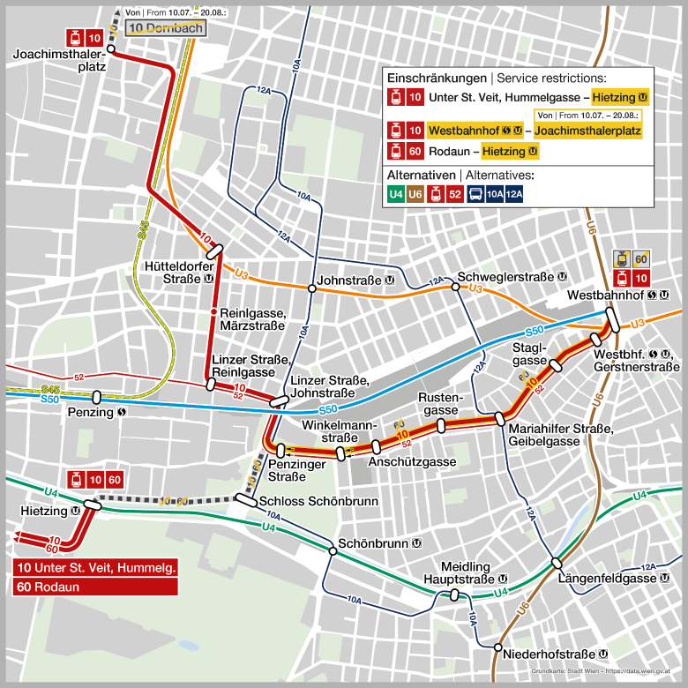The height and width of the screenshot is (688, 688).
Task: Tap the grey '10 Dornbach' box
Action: pyautogui.click(x=166, y=28)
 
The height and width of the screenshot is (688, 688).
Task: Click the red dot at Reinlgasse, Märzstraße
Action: pyautogui.click(x=213, y=313)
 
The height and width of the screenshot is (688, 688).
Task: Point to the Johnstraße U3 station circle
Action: pyautogui.click(x=311, y=288)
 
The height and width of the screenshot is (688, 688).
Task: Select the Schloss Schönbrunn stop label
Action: pyautogui.click(x=319, y=501)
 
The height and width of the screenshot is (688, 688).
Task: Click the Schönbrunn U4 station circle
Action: pyautogui.click(x=333, y=551)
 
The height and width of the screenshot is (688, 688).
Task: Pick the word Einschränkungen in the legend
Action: pyautogui.click(x=437, y=78)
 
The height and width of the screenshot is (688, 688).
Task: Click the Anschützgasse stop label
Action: pyautogui.click(x=412, y=461)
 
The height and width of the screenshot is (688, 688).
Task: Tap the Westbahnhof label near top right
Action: pyautogui.click(x=610, y=294)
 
